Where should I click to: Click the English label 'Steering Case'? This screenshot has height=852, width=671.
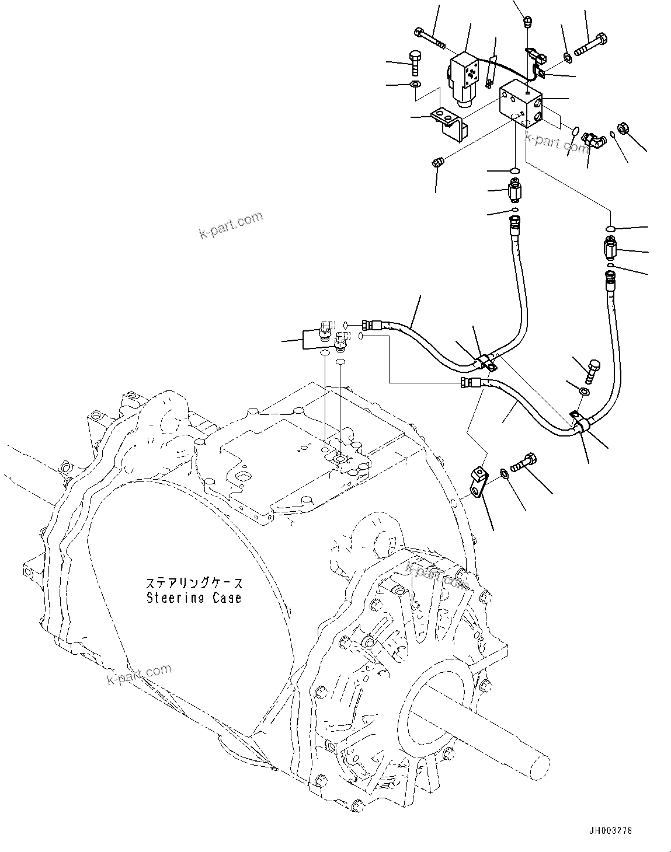click(x=193, y=598)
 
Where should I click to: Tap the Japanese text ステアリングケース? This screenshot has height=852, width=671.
click(x=193, y=584)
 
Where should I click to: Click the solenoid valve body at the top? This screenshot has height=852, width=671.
click(x=467, y=79)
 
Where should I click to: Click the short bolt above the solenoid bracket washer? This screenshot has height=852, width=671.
click(x=414, y=62)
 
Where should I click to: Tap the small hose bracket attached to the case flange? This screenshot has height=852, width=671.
click(x=479, y=481)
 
